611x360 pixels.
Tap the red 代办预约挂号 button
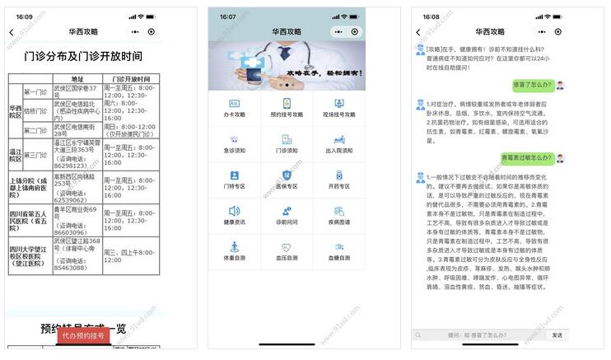(83, 335)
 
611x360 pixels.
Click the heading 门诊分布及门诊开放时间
(83, 56)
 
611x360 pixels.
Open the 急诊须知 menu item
(235, 144)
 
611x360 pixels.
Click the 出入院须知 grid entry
(338, 144)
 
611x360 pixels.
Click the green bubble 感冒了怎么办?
(531, 84)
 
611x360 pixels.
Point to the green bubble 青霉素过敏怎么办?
(525, 157)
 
